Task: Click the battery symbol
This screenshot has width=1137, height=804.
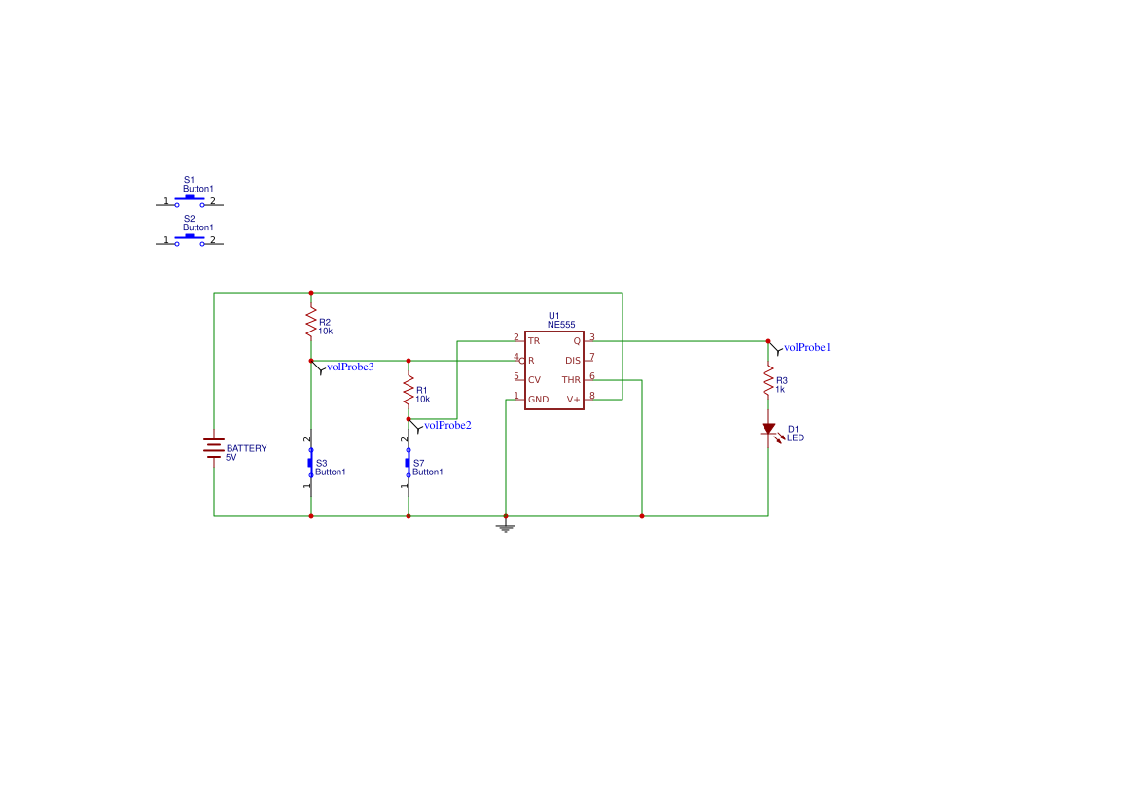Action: tap(214, 448)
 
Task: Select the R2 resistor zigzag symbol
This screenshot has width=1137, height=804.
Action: tap(311, 322)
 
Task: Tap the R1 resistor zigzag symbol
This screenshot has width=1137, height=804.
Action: tap(409, 390)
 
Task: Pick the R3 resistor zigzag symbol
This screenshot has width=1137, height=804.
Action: tap(768, 380)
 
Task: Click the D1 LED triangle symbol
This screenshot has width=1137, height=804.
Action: tap(768, 429)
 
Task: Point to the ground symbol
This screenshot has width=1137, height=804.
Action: tap(506, 527)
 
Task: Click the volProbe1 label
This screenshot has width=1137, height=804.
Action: tap(807, 347)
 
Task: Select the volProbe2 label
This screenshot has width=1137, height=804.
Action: tap(447, 425)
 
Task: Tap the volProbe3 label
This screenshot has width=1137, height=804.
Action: tap(350, 367)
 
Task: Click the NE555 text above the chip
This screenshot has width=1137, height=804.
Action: tap(561, 325)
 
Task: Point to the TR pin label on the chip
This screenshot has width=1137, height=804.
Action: tap(534, 340)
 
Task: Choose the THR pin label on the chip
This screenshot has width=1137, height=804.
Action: tap(571, 380)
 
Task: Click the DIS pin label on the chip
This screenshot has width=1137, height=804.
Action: tap(573, 361)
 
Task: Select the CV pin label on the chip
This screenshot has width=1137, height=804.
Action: tap(534, 380)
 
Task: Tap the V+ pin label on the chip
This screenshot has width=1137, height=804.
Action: tap(574, 400)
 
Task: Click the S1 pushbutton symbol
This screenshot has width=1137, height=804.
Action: tap(190, 201)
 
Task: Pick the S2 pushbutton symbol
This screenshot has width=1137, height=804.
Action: tap(190, 240)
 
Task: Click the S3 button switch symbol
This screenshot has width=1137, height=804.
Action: tap(310, 463)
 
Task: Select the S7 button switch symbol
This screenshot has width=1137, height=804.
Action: tap(408, 463)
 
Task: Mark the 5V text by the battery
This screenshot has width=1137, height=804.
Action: tap(231, 458)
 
